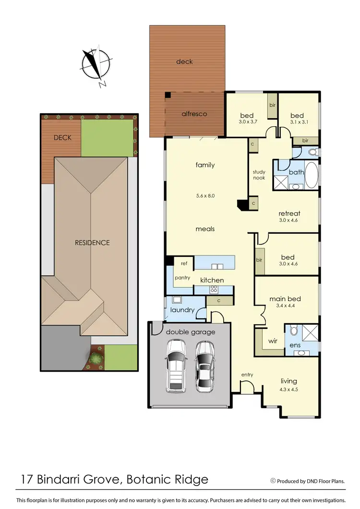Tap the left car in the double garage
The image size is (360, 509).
[176, 365]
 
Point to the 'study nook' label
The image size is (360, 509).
[259, 175]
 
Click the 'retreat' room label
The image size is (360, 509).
[289, 214]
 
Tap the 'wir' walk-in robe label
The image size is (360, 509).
[273, 340]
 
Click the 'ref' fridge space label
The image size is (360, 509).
[183, 263]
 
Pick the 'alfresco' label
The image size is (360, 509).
[194, 114]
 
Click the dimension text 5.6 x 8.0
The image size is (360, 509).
[205, 196]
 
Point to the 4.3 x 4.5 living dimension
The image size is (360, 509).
[289, 389]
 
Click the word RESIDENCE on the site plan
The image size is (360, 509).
[92, 242]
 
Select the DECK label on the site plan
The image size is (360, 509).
[62, 138]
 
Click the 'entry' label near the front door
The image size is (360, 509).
[247, 375]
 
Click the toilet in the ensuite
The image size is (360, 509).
[294, 330]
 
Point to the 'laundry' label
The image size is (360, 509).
[183, 310]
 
